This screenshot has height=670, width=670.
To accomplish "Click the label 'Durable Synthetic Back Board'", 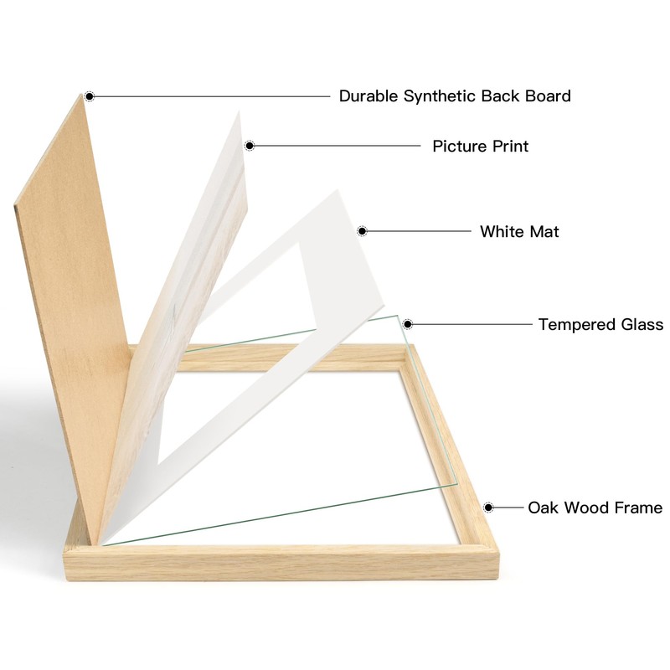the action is (455, 96).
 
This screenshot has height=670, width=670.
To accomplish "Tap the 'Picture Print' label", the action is (480, 147).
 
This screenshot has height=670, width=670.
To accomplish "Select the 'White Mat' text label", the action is (519, 231).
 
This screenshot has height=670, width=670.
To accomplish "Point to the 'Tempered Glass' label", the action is (600, 325).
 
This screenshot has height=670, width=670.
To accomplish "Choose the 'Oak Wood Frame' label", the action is (595, 508).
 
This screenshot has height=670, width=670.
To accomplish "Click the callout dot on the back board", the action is (90, 96).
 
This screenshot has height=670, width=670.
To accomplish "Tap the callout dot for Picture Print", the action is (249, 146).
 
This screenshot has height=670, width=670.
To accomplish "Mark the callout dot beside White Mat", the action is (363, 230).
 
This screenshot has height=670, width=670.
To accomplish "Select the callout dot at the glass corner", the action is (408, 324).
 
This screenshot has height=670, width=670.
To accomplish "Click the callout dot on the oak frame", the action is (488, 507).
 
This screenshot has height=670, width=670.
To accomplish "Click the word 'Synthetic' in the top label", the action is (440, 96).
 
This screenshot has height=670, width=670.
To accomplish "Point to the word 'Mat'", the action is (544, 231).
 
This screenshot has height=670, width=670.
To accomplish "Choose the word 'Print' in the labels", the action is (510, 147).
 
